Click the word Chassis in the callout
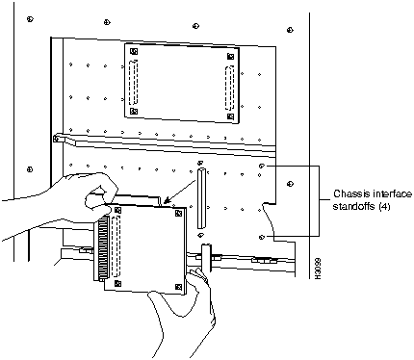pos(348,194)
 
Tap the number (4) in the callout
pos(384,207)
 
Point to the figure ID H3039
pos(318,268)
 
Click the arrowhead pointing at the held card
pos(166,201)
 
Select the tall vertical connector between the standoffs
pos(201,198)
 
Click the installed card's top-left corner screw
pos(134,51)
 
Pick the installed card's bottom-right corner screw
pos(230,116)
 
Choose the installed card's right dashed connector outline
pos(229,88)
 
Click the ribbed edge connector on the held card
pos(103,247)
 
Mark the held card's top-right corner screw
pos(178,213)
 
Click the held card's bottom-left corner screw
pos(117,283)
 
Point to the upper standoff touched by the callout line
pos(262,166)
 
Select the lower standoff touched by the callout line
pos(262,237)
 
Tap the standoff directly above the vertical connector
pos(199,163)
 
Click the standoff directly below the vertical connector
pos(200,235)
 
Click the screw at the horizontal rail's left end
pos(57,139)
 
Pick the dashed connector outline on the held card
pos(116,246)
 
